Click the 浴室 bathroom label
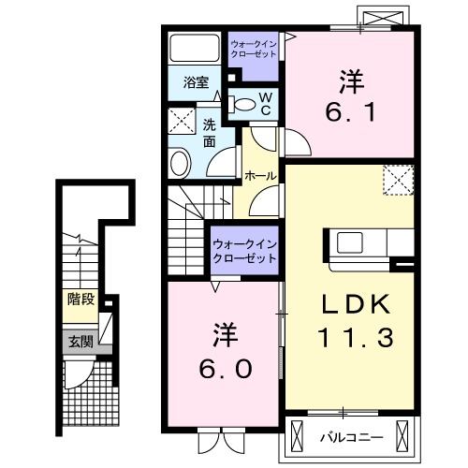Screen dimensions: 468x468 coord(195,81)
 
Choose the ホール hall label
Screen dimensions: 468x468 coord(258,175)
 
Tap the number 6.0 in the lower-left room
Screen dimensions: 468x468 coord(224,369)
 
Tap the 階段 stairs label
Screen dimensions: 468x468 coord(80,300)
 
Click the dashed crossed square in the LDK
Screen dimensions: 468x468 coord(399,179)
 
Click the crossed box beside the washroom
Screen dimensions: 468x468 coord(181,122)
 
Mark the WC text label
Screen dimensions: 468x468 coord(265,104)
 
